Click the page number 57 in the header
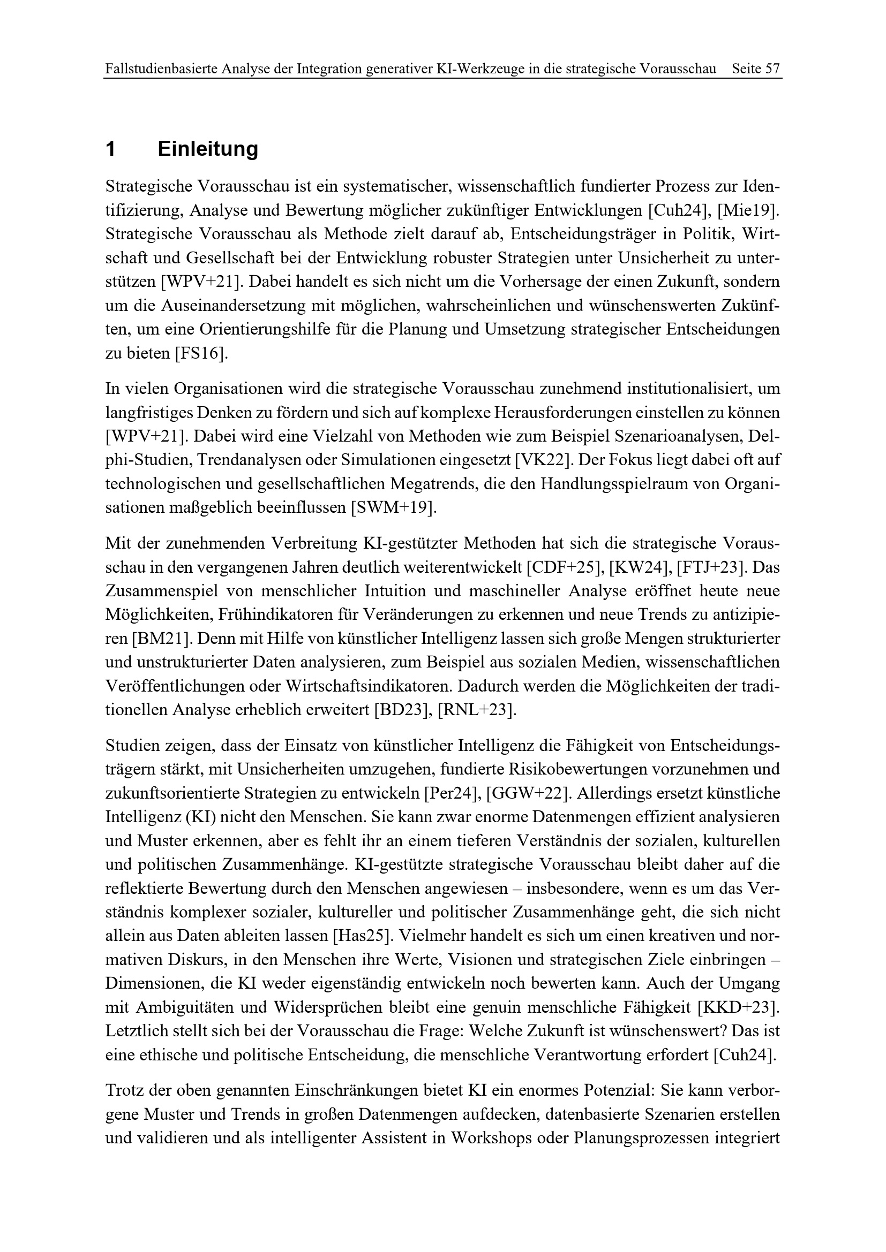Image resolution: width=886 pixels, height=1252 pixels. pyautogui.click(x=772, y=69)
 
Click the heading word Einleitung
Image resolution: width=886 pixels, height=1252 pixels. pyautogui.click(x=208, y=149)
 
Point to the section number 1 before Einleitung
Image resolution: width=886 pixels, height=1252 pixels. pyautogui.click(x=111, y=149)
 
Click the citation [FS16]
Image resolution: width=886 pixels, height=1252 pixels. pyautogui.click(x=201, y=353)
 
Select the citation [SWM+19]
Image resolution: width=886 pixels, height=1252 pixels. pyautogui.click(x=395, y=507)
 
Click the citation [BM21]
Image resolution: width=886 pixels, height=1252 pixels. pyautogui.click(x=160, y=639)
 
